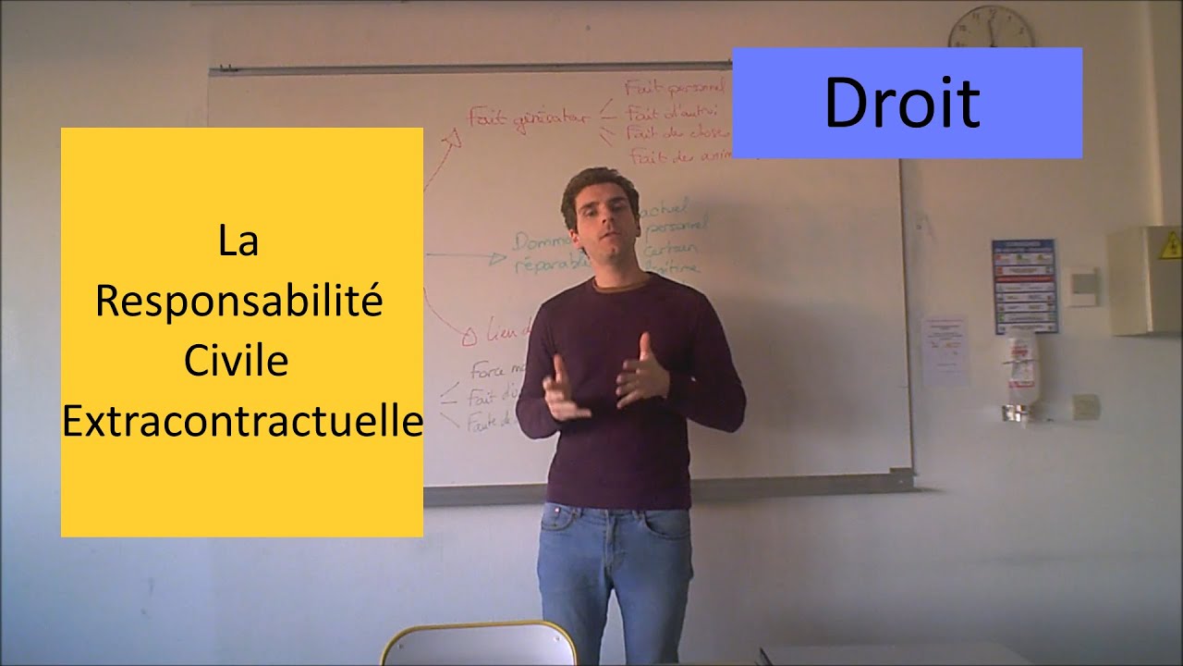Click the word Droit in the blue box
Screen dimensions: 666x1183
click(901, 104)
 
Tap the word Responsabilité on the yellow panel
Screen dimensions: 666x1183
click(238, 302)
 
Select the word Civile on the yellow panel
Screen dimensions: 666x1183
click(237, 361)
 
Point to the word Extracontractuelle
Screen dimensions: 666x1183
click(242, 421)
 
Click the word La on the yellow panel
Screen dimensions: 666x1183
click(238, 242)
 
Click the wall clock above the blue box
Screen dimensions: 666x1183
click(990, 28)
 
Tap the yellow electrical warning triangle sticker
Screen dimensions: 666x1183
click(1170, 245)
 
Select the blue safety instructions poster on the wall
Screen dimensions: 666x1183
click(1023, 286)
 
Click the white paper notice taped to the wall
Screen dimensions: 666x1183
click(945, 351)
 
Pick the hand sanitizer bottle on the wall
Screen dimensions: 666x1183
click(1020, 370)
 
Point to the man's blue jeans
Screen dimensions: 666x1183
click(615, 564)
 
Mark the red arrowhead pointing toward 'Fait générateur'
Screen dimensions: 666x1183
click(452, 140)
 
